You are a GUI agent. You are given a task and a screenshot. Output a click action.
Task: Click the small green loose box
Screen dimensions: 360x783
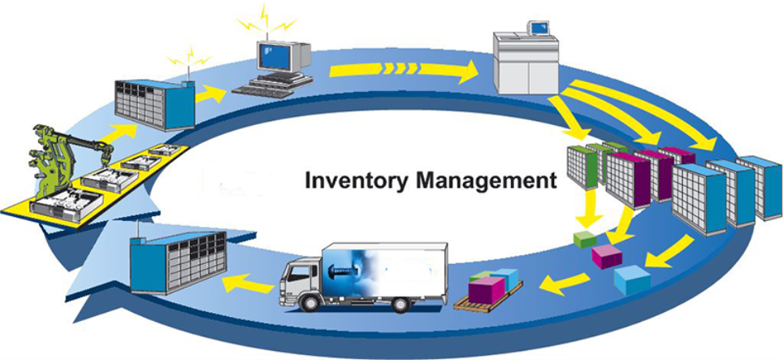point(584,240)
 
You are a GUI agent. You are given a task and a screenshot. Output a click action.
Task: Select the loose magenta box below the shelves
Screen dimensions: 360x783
point(606,257)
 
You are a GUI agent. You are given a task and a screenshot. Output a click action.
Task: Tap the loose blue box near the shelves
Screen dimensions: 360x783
point(632,280)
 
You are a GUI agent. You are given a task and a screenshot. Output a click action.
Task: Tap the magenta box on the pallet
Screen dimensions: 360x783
point(487,288)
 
